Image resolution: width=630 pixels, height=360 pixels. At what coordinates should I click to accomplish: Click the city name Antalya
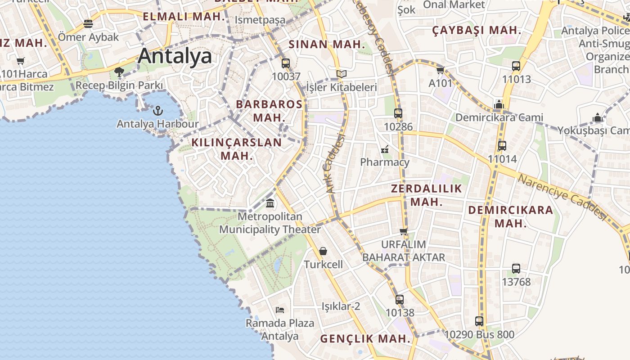[175, 56]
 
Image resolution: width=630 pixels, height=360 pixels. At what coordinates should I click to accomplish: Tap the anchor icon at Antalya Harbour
[158, 110]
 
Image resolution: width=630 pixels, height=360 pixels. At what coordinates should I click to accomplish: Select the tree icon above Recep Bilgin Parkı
[119, 72]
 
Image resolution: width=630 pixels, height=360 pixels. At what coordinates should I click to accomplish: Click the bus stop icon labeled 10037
[286, 63]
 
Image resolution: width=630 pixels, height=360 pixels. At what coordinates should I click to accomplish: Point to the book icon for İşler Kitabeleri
[342, 74]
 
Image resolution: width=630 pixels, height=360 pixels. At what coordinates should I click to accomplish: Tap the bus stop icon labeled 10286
[398, 113]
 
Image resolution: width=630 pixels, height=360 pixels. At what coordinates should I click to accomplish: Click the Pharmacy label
[385, 162]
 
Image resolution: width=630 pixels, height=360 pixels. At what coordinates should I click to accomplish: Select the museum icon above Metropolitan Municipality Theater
[270, 203]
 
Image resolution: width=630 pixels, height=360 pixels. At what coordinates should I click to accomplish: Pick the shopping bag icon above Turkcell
[323, 251]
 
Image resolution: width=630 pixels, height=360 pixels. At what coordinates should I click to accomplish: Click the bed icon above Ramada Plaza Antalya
[279, 310]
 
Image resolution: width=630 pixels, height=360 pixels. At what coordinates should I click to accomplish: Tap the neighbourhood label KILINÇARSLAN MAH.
[237, 149]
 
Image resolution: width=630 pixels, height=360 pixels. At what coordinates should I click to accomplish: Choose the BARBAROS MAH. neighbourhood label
[269, 111]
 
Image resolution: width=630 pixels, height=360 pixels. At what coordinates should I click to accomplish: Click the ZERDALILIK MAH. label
[427, 195]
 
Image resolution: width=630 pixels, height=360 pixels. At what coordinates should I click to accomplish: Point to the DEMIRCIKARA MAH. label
[511, 216]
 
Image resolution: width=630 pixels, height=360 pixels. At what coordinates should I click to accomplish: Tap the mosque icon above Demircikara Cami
[499, 104]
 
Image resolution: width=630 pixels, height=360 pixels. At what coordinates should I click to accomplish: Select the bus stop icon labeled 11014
[502, 146]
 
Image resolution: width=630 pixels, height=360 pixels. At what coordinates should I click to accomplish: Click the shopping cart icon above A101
[440, 70]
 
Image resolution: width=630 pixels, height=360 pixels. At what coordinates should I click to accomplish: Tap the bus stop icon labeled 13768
[516, 269]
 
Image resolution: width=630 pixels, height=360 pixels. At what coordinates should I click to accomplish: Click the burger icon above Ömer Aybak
[88, 24]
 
